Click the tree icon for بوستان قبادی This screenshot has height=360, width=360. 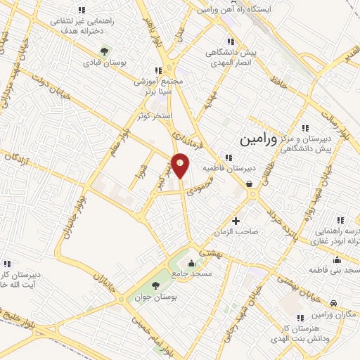tap(105, 51)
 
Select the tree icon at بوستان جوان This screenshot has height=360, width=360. tap(155, 283)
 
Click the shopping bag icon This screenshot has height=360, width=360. tap(250, 185)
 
